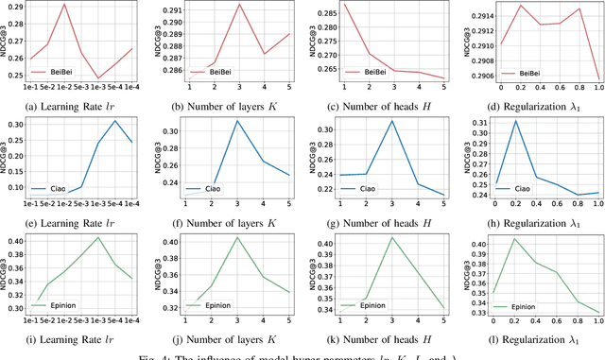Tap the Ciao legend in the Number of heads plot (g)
point(357,188)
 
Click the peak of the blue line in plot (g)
point(391,121)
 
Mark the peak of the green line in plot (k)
point(391,237)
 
